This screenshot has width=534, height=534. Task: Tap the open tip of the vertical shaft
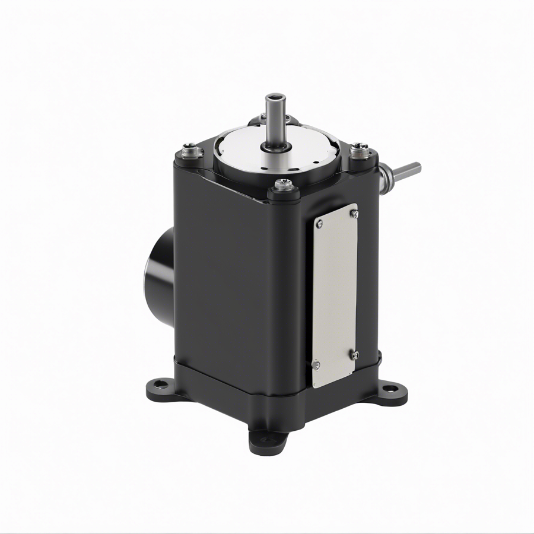click(274, 96)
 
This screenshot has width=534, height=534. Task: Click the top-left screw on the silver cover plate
click(319, 224)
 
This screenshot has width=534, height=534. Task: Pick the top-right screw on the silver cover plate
click(354, 212)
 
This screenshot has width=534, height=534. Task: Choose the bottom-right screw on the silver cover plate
click(354, 355)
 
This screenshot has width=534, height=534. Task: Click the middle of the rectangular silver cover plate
click(336, 294)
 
